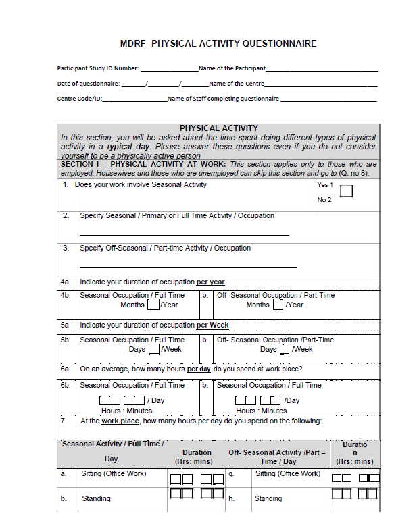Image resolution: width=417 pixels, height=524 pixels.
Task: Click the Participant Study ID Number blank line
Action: [169, 70]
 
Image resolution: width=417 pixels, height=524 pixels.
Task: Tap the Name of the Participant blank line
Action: [322, 70]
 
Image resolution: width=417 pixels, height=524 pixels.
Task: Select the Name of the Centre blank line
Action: [321, 85]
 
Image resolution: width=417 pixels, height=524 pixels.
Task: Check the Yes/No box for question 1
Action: [347, 192]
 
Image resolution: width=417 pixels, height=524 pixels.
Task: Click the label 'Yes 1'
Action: [325, 184]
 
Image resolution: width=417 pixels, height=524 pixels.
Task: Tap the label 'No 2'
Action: [324, 200]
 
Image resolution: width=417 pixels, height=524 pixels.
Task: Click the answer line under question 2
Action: [185, 234]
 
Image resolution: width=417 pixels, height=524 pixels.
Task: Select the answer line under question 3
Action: [189, 267]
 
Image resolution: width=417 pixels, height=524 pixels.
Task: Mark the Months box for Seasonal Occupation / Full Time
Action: [153, 305]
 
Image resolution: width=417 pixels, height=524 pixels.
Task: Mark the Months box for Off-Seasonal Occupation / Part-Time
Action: [278, 305]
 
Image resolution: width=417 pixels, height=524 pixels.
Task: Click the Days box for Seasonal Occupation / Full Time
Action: [154, 349]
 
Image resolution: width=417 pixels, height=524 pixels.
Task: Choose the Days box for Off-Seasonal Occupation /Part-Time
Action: [285, 349]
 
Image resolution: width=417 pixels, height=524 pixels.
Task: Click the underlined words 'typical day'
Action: [128, 147]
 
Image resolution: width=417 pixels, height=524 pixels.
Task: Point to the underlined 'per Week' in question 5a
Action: [213, 325]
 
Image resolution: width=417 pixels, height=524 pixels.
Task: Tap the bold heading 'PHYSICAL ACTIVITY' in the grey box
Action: [218, 128]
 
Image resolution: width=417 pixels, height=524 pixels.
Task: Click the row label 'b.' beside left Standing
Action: [64, 498]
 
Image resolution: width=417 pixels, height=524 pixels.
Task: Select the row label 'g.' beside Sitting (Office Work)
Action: [232, 474]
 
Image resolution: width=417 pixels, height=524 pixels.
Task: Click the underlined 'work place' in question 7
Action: [120, 421]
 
